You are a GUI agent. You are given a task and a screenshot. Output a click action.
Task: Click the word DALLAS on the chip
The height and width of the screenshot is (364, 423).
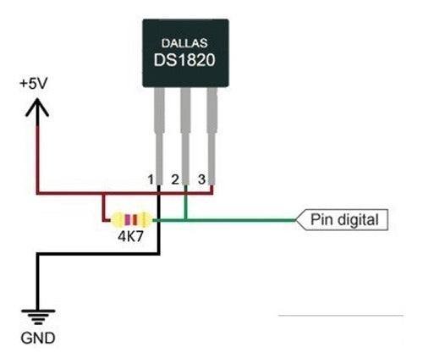point(184,42)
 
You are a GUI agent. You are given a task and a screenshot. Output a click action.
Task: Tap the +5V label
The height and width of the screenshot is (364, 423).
point(35,85)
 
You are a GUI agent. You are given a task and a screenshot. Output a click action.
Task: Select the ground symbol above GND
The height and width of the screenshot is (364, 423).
point(37,318)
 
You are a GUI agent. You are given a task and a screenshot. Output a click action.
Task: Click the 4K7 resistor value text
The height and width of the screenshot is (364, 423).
point(131,237)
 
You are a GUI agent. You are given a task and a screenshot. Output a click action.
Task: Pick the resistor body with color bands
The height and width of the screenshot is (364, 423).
point(131,220)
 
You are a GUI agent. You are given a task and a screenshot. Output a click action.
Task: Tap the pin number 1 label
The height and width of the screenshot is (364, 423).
point(150,179)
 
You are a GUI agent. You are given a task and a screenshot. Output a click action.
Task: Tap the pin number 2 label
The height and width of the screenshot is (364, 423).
point(175,179)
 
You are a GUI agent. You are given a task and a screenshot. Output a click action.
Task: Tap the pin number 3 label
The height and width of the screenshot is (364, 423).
point(201,179)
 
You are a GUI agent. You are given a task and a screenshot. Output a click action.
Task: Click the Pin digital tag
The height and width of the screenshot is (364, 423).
point(345,220)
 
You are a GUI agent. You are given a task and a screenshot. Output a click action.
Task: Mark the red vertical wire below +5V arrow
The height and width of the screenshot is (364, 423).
point(36,152)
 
